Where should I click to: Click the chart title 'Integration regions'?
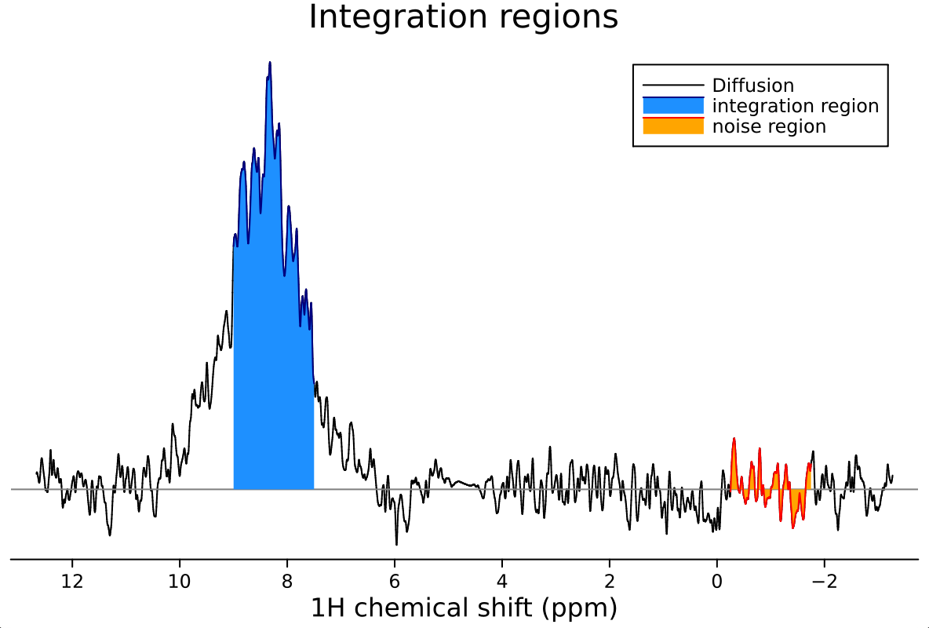pos(463,17)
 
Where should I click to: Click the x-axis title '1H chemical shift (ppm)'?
pos(464,608)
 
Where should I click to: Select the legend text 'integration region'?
pos(795,106)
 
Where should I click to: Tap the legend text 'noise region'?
pos(769,126)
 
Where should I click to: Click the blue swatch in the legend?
pos(673,106)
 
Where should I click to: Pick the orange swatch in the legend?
pos(673,126)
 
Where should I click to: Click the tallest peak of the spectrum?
pos(270,63)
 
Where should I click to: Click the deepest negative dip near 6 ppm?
pos(396,543)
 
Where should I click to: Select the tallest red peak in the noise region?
pos(734,440)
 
